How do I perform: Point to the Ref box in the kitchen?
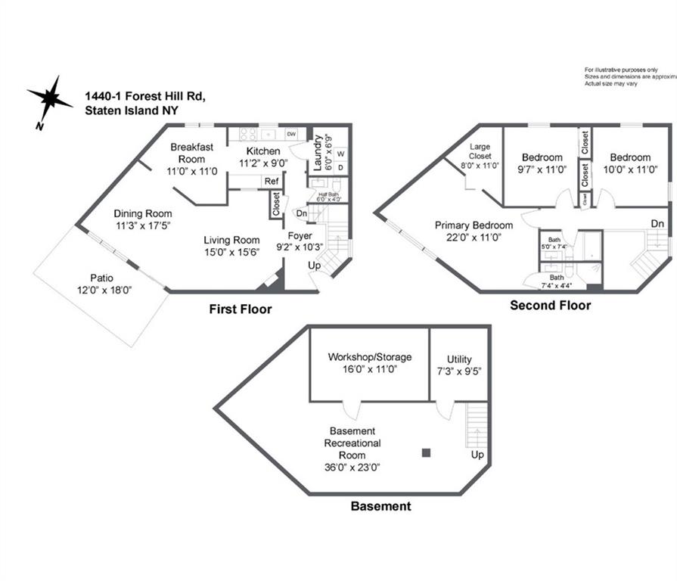(x=270, y=182)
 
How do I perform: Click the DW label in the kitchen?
(x=291, y=135)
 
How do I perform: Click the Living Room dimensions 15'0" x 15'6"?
(x=231, y=252)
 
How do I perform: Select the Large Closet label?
(x=480, y=151)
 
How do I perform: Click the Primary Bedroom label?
(x=474, y=225)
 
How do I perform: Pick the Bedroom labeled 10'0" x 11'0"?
(x=630, y=158)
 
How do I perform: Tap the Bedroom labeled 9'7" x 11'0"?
(x=542, y=158)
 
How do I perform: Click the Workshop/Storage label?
(x=370, y=356)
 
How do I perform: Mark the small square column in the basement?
(x=426, y=453)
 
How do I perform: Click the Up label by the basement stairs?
(x=477, y=455)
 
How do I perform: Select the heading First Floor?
(x=240, y=309)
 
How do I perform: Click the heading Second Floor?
(x=550, y=306)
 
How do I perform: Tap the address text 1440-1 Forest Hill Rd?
(x=144, y=96)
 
